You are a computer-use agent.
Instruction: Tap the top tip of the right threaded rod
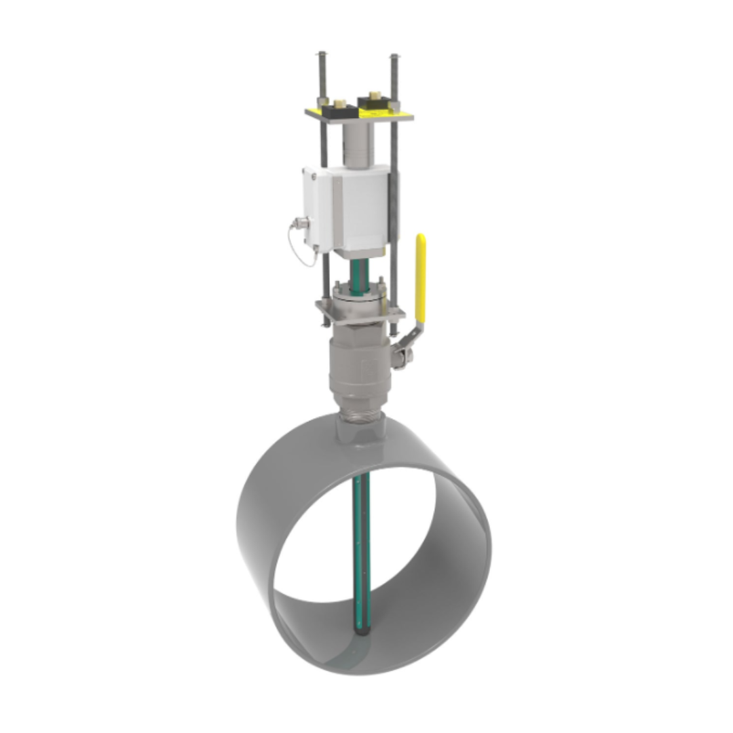pos(394,57)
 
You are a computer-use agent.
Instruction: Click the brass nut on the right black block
pos(373,96)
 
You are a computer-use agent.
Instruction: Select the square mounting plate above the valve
pos(360,311)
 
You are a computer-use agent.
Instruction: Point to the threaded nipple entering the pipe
pos(360,412)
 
